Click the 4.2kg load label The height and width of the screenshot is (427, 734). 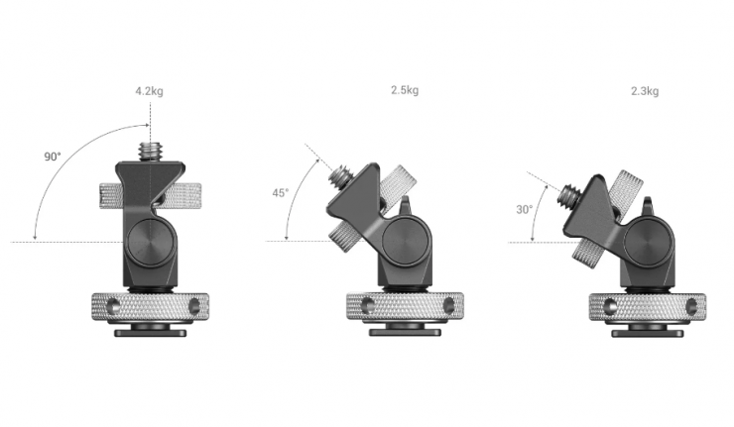coord(150,91)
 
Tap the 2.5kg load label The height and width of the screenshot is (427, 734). coord(405,90)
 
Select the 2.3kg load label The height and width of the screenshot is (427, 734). coord(645,91)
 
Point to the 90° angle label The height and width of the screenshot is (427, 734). coord(53,157)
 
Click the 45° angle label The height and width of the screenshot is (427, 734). coord(281,192)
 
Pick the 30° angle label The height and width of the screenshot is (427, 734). coord(525,209)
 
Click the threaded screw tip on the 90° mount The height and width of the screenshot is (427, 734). coord(150,152)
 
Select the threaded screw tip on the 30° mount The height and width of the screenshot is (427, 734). coord(568,192)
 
